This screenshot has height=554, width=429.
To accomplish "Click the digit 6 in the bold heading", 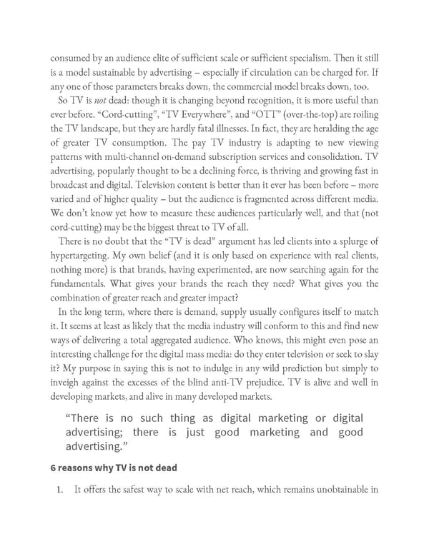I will click(x=52, y=468).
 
